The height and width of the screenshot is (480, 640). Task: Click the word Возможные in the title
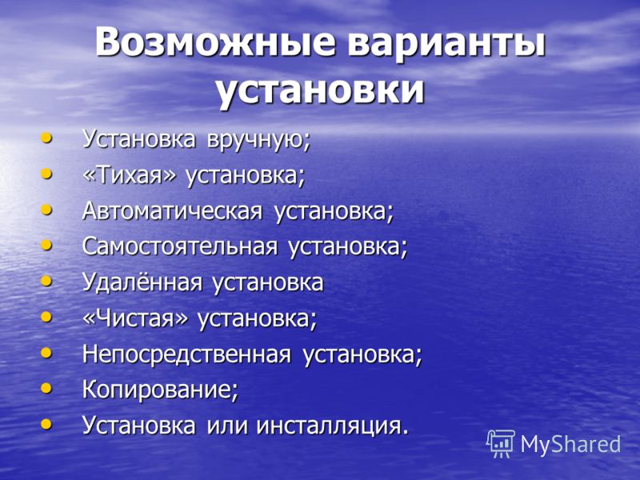pos(215,42)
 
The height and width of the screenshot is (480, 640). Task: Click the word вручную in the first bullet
pos(258,139)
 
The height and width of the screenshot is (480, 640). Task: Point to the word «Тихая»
pos(130,174)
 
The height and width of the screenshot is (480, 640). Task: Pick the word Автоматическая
pos(172,211)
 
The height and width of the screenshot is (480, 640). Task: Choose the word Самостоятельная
pos(180,246)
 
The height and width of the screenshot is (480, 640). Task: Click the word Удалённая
pos(142,282)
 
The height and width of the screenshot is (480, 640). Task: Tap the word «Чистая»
pos(136,318)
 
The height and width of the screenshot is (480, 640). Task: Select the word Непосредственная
pos(187,354)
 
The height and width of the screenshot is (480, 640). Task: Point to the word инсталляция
pos(332,426)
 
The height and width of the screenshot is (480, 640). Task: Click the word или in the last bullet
pos(227,426)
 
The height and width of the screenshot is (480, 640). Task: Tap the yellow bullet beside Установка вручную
pos(47,138)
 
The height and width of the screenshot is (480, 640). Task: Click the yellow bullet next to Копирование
pos(47,388)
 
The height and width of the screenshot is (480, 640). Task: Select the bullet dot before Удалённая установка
pos(47,281)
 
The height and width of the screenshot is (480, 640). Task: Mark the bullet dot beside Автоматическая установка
pos(47,210)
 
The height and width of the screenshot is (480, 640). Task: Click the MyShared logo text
pos(570,444)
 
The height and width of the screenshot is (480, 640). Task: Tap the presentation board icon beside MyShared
pos(501,444)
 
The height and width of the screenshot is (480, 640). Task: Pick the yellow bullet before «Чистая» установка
pos(47,317)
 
